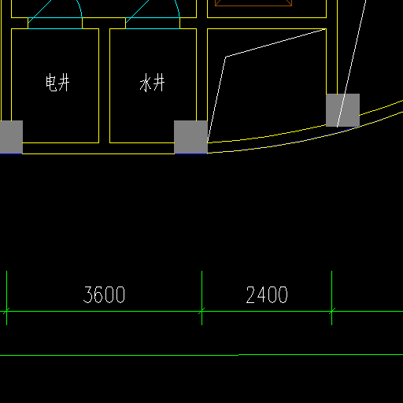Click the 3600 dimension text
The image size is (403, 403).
(104, 294)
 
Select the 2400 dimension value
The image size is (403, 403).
(267, 294)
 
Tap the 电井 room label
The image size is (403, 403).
(57, 83)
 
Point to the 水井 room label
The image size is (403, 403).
(152, 83)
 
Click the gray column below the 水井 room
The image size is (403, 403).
(190, 137)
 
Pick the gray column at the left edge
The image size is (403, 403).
(11, 137)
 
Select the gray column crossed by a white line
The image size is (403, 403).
(342, 110)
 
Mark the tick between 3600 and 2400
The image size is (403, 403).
(201, 312)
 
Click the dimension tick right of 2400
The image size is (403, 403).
(331, 312)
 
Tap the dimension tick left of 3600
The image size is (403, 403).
(6, 312)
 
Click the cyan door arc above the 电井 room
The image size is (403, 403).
(80, 8)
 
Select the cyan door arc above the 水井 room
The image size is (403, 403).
(178, 8)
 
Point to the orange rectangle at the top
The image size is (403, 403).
(253, 3)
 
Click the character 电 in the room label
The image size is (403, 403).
(51, 83)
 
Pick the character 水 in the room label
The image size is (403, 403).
(146, 83)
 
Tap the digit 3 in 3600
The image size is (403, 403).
(88, 294)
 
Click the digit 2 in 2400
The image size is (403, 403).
(251, 294)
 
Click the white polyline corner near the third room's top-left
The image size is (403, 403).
(226, 57)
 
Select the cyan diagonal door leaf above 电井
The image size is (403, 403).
(40, 12)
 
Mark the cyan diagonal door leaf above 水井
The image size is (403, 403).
(137, 12)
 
